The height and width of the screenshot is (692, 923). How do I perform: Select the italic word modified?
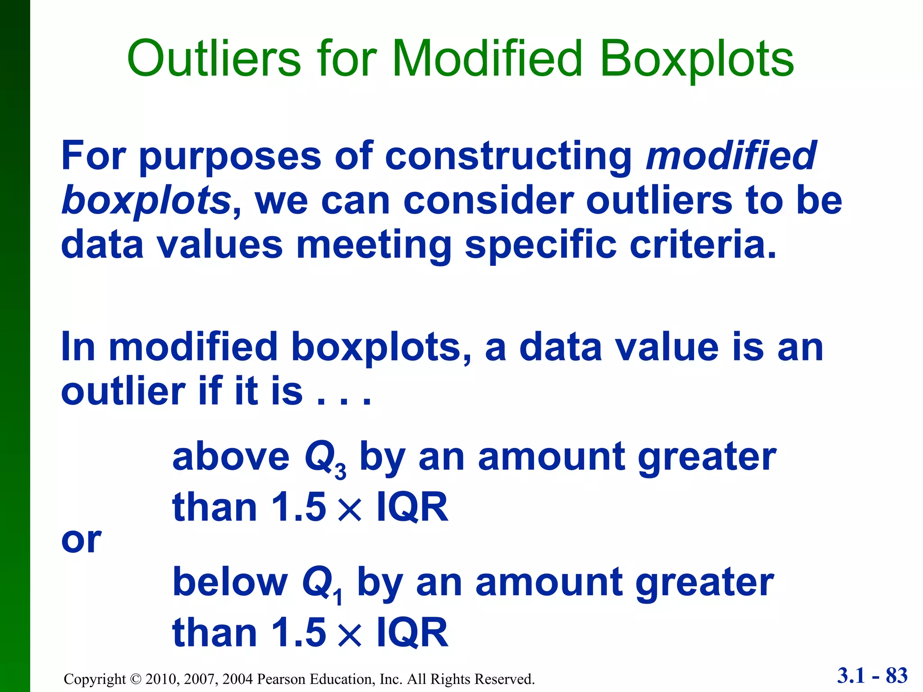(x=730, y=155)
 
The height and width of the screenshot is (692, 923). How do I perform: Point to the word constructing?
(x=509, y=156)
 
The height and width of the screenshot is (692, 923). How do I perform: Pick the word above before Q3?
(x=231, y=457)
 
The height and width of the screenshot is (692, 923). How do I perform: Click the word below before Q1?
(x=230, y=582)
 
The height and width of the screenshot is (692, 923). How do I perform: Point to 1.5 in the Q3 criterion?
(x=298, y=507)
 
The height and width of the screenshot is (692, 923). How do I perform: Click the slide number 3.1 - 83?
(x=872, y=676)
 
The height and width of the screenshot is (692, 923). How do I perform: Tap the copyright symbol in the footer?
(x=135, y=679)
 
